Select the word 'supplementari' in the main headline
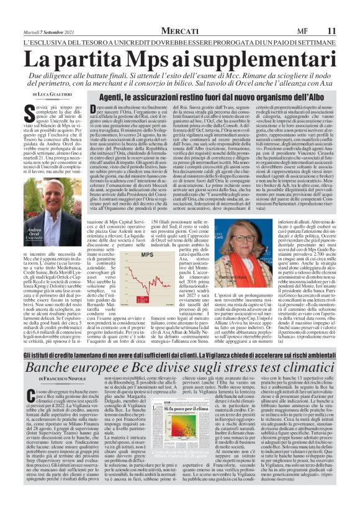(x=268, y=61)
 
